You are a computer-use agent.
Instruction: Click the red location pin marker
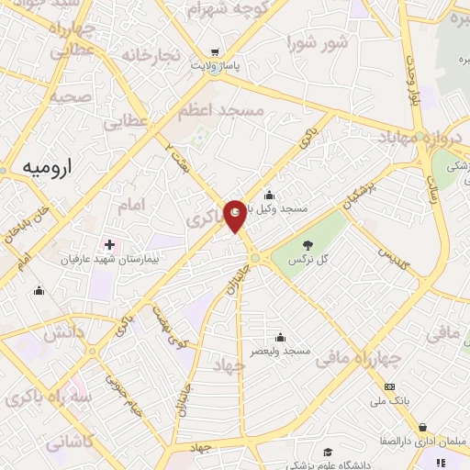(235, 215)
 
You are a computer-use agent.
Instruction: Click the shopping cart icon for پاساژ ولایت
(215, 51)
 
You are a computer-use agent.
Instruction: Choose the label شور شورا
(317, 41)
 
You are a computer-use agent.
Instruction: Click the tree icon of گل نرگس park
(307, 244)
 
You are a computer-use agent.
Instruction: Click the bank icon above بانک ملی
(390, 386)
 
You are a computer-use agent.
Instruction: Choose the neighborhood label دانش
(65, 334)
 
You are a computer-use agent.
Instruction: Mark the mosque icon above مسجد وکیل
(269, 195)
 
